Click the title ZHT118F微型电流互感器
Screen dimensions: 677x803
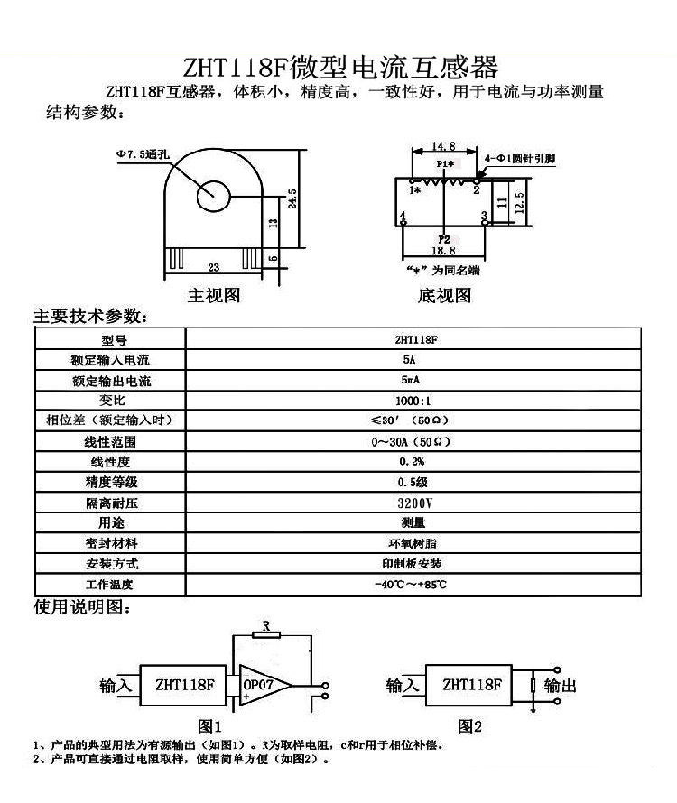tap(339, 68)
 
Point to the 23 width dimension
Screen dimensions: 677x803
tap(214, 267)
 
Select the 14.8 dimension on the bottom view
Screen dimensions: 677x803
tap(443, 144)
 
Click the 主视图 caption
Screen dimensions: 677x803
tap(214, 295)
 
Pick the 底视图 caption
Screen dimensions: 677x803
tap(444, 295)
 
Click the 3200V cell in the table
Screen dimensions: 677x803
tap(414, 503)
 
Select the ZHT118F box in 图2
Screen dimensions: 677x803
tap(472, 686)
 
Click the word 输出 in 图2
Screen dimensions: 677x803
tap(560, 687)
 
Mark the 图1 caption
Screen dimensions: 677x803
tap(209, 725)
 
